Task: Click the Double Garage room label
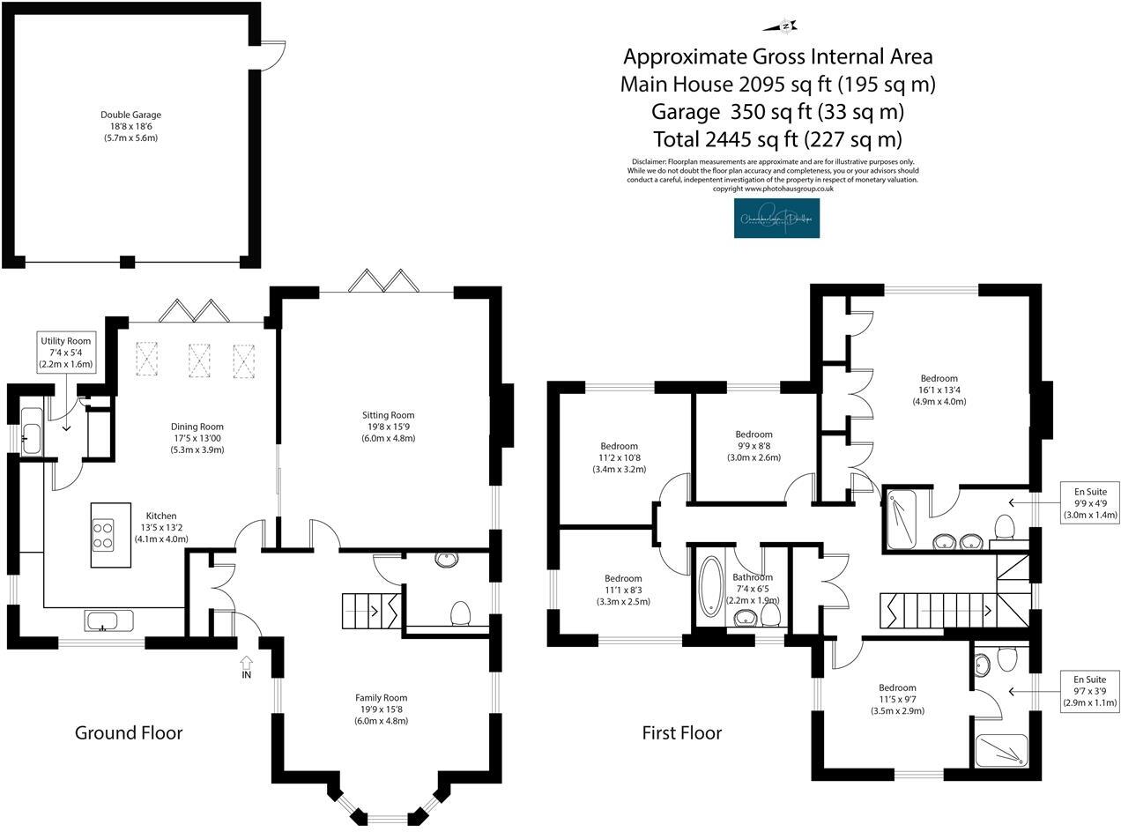pos(130,126)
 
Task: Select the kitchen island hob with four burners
pos(103,534)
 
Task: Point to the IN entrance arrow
pos(246,667)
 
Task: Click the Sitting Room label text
pos(388,427)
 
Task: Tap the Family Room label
pos(382,709)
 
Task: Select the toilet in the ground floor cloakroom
pos(460,613)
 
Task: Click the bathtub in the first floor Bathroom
pos(710,583)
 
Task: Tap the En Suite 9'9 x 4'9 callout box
pos(1089,502)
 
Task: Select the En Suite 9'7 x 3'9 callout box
pos(1089,691)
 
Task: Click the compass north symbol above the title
pos(785,26)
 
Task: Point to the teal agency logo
pos(776,218)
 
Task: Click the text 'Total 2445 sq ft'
pos(777,139)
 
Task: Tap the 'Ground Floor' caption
pos(129,732)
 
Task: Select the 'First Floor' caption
pos(681,732)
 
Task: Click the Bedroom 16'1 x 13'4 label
pos(939,390)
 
